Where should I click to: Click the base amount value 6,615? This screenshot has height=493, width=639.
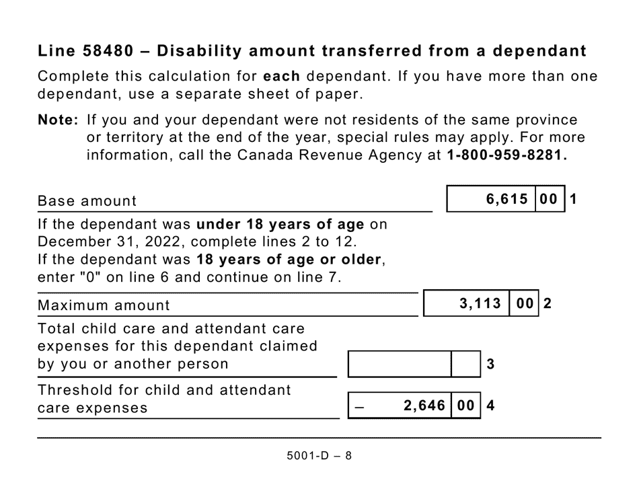coord(507,200)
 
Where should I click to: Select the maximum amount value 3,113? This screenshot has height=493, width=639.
coord(480,304)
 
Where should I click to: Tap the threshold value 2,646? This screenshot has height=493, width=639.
coord(424,406)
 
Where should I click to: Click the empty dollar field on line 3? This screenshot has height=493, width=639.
coord(400,365)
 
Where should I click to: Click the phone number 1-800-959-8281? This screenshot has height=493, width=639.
coord(504,155)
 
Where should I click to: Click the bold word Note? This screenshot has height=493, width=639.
coord(57,120)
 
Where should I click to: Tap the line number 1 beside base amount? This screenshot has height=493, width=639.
coord(574,200)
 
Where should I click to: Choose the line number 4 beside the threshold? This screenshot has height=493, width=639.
coord(490,406)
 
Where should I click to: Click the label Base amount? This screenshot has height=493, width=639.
coord(87,201)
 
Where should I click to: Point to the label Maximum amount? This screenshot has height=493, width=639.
coord(104,305)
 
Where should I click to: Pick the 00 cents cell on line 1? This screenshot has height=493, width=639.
coord(549,200)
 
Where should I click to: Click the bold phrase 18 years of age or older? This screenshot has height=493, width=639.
coord(289,259)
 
